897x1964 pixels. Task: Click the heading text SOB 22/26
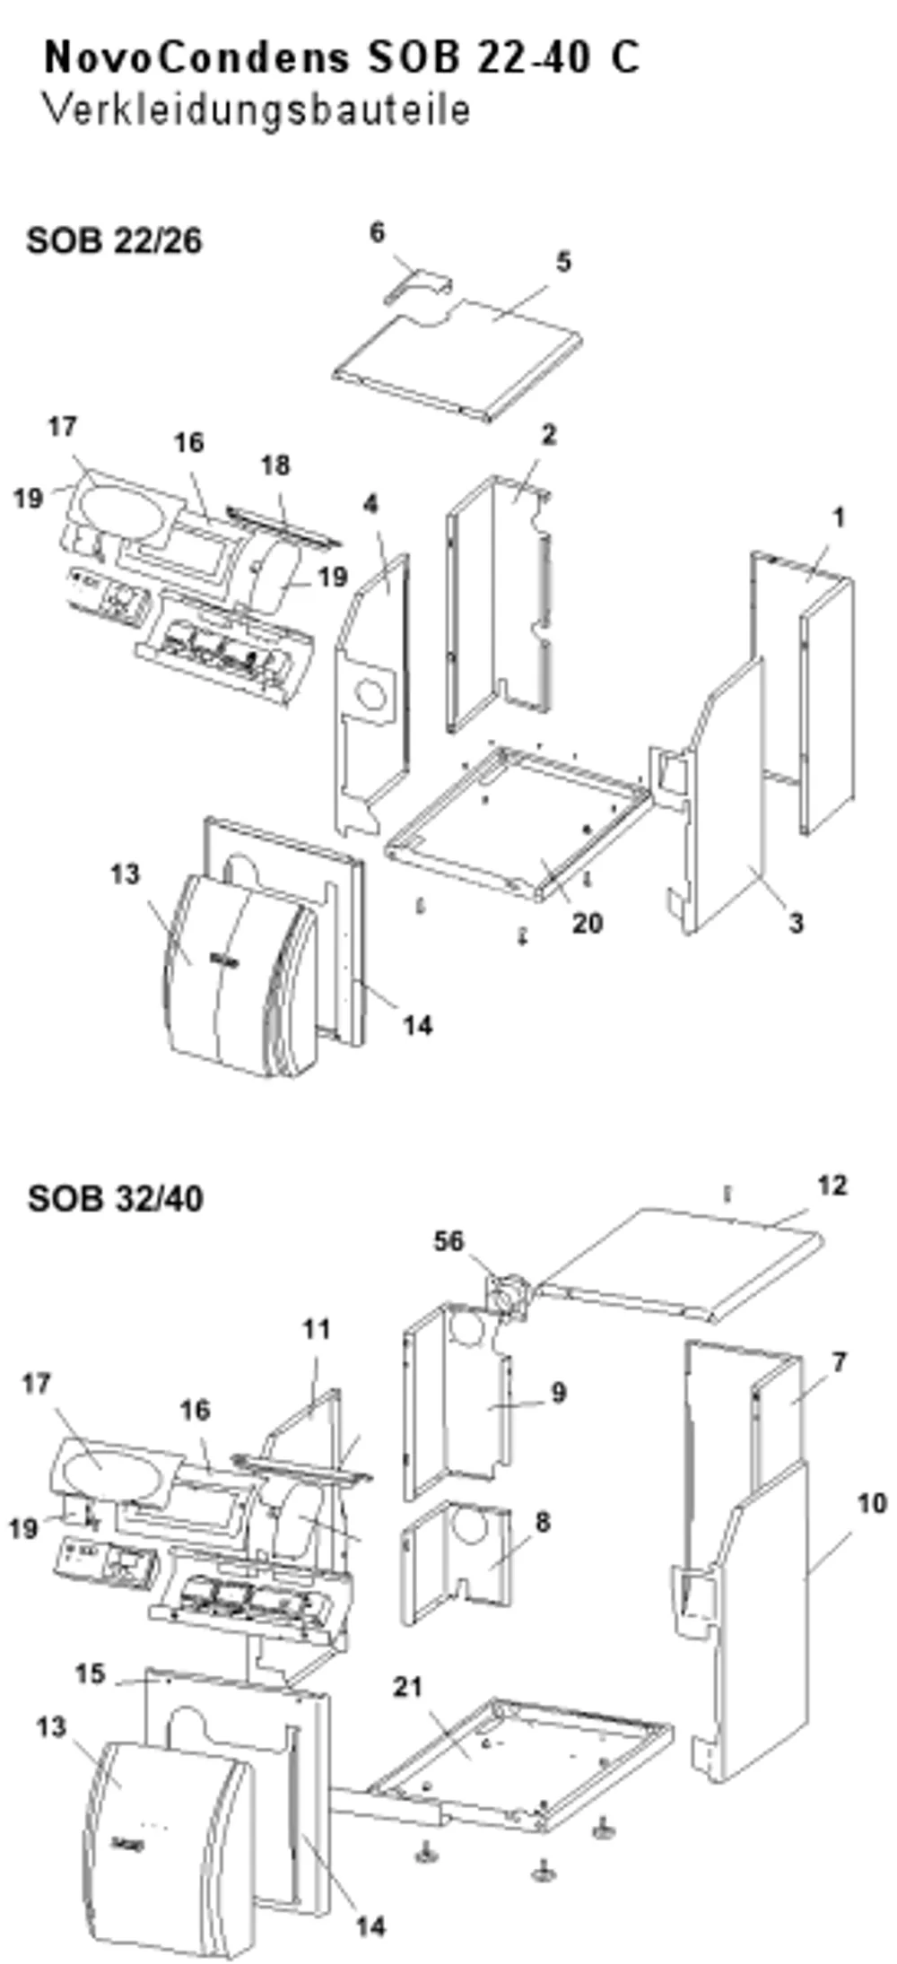(x=114, y=240)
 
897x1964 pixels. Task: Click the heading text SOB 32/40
(x=115, y=1198)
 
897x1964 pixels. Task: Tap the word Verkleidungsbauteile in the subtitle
(x=257, y=109)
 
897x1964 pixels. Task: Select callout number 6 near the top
(x=378, y=232)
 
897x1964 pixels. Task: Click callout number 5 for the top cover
(x=562, y=262)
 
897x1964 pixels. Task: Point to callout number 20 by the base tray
(x=588, y=922)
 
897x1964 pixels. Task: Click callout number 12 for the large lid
(x=832, y=1186)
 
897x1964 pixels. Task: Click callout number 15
(x=90, y=1673)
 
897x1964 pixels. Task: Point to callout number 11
(x=317, y=1329)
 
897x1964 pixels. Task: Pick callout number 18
(x=276, y=465)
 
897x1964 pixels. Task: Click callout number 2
(x=548, y=434)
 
